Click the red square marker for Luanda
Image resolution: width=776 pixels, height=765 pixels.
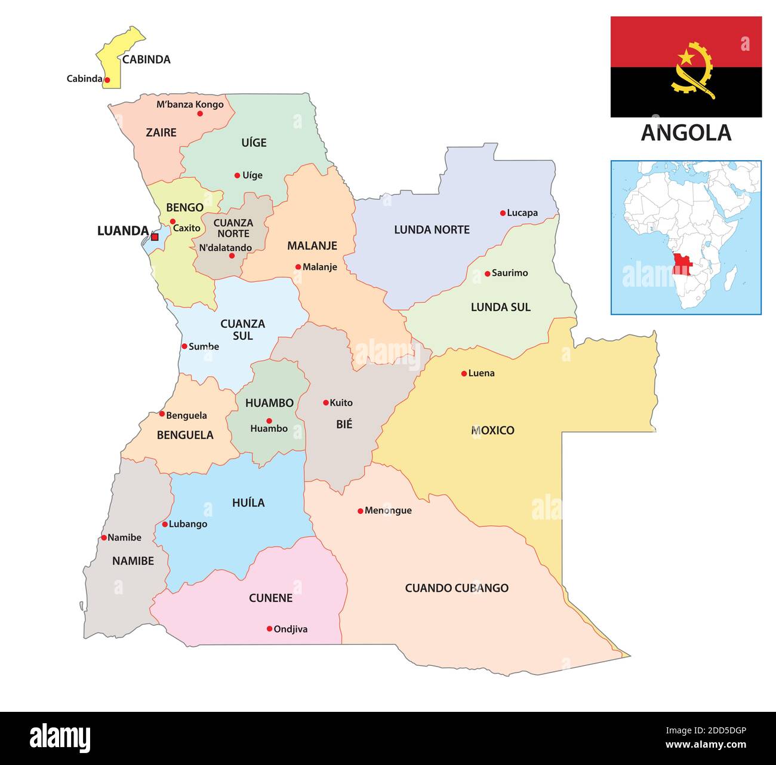coord(155,237)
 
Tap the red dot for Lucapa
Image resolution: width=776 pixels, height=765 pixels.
coord(503,213)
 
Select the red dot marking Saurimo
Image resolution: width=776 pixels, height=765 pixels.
coord(487,274)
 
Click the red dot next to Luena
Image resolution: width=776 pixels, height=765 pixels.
coord(464,374)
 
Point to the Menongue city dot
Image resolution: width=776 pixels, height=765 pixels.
coord(361,511)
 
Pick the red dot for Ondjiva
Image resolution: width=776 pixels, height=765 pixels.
coord(269,629)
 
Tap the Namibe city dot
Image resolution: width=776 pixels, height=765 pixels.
coord(104,537)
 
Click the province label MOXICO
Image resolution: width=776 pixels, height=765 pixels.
coord(492,430)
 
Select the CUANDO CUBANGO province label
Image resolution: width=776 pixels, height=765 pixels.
coord(457,588)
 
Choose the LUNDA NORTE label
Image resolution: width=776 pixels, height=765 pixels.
coord(432,230)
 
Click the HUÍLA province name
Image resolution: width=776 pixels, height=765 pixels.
coord(248,503)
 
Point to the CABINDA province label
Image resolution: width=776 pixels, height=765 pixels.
coord(146,59)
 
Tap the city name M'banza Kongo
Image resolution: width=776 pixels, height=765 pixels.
coord(190,105)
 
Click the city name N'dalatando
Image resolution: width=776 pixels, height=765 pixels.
coord(225,248)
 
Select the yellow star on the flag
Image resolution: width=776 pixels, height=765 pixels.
coord(686,57)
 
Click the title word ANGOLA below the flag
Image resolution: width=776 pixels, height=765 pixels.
coord(686,133)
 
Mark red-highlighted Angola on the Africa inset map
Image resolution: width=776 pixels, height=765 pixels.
coord(680,263)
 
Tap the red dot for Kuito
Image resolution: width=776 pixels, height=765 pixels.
coord(326,403)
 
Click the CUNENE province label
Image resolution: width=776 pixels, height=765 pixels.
coord(270,598)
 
